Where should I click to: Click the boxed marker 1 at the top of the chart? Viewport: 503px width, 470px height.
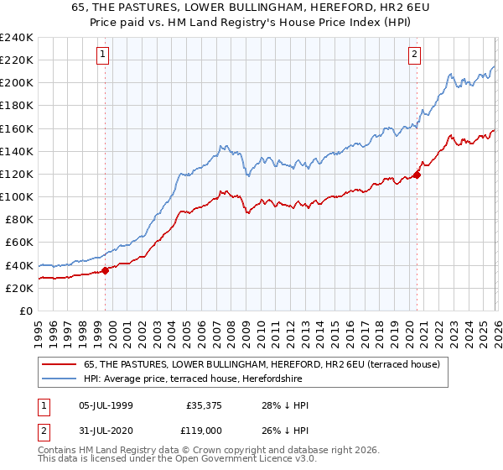(x=102, y=55)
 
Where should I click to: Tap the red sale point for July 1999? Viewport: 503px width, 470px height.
(x=106, y=270)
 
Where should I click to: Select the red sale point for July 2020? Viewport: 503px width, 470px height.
(x=417, y=175)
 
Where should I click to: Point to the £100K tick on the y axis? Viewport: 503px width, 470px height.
(x=17, y=196)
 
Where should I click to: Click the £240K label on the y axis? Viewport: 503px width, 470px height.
(x=17, y=38)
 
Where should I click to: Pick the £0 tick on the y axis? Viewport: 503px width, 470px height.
(x=25, y=311)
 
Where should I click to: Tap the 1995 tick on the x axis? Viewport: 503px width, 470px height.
(x=39, y=328)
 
